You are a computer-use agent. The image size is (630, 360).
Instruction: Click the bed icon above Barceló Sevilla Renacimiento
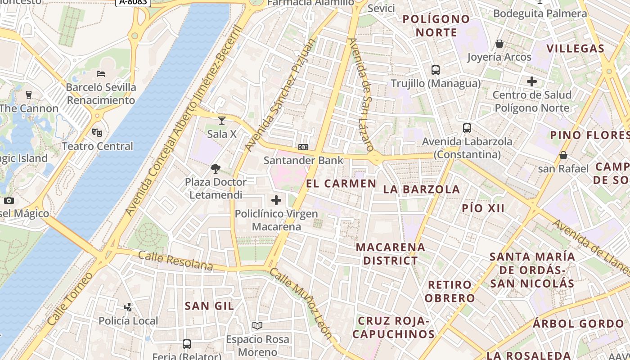click(101, 73)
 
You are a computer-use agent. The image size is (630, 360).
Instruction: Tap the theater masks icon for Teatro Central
click(97, 132)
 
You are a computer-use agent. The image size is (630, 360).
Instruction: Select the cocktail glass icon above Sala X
click(221, 120)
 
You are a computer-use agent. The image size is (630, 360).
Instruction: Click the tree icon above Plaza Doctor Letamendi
click(216, 169)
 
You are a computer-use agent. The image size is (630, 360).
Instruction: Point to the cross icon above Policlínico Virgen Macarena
click(276, 200)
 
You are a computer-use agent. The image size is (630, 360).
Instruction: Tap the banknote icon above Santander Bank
click(303, 147)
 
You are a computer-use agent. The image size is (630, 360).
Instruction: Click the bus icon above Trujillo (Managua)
click(435, 70)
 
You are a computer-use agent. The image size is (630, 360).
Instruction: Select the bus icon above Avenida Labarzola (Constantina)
click(467, 128)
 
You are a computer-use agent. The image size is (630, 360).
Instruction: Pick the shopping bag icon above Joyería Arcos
click(499, 44)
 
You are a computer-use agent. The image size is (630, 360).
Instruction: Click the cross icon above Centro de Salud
click(532, 81)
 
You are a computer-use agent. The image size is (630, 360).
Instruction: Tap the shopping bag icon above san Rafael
click(563, 155)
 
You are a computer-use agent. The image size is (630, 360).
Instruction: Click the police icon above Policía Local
click(128, 307)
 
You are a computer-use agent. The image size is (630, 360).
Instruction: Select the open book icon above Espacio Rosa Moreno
click(257, 325)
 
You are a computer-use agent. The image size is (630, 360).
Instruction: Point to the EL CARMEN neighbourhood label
click(341, 183)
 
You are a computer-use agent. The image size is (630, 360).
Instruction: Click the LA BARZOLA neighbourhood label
click(422, 189)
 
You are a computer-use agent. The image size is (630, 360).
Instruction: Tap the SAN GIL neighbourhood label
click(209, 306)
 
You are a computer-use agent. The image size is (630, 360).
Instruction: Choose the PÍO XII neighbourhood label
click(483, 208)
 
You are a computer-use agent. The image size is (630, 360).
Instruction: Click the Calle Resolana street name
click(175, 261)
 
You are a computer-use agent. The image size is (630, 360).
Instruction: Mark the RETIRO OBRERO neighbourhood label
click(450, 291)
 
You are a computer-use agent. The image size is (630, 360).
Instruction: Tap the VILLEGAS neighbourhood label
click(575, 49)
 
